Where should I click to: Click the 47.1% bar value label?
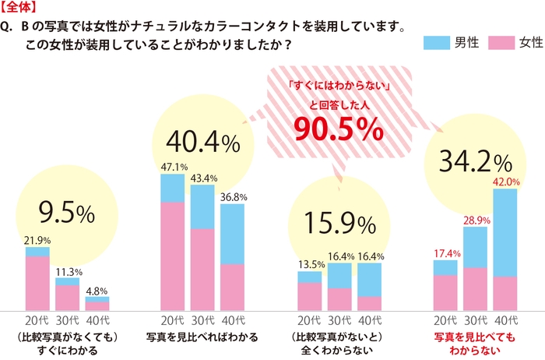coord(172,167)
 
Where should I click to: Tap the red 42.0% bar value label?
coord(506,182)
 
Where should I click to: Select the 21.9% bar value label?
coord(37,241)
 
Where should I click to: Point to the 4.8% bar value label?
coord(97,290)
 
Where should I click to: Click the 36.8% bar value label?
coord(233,197)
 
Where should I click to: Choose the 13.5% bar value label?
coord(309,265)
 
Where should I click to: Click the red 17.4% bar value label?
coord(445,253)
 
